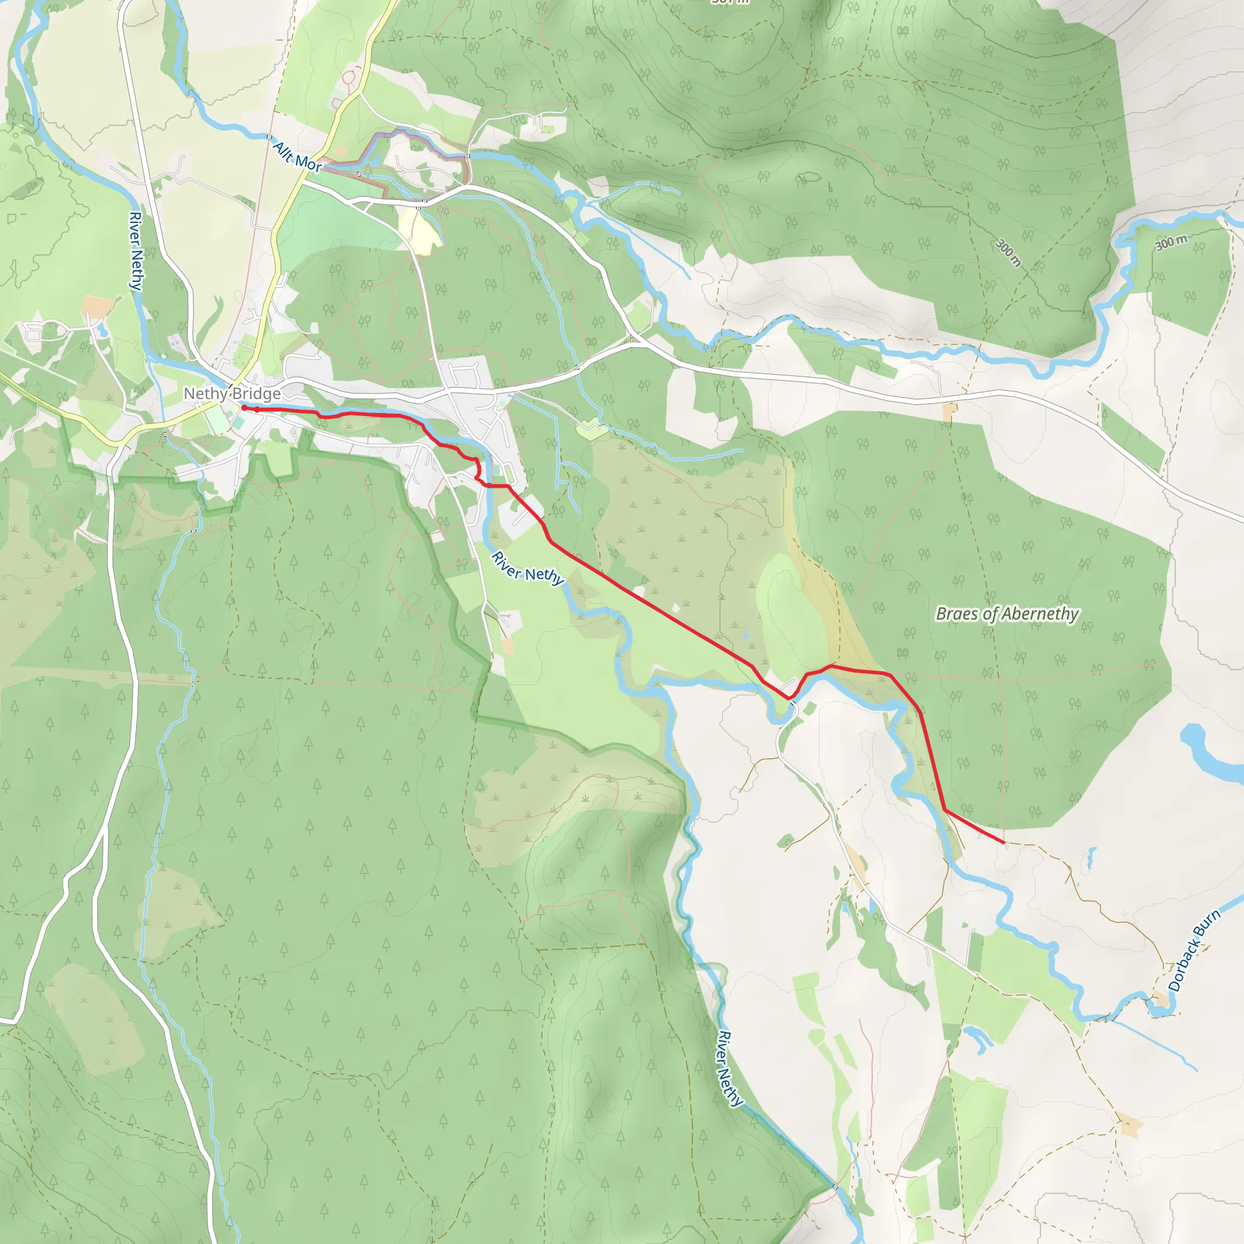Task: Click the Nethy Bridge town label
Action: coord(232,394)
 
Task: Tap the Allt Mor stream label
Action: coord(297,157)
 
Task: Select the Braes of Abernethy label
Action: coord(1006,613)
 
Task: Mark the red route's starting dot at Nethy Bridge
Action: coord(244,408)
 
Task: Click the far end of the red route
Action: coord(1004,842)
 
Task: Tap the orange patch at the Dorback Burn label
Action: coord(1160,1000)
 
